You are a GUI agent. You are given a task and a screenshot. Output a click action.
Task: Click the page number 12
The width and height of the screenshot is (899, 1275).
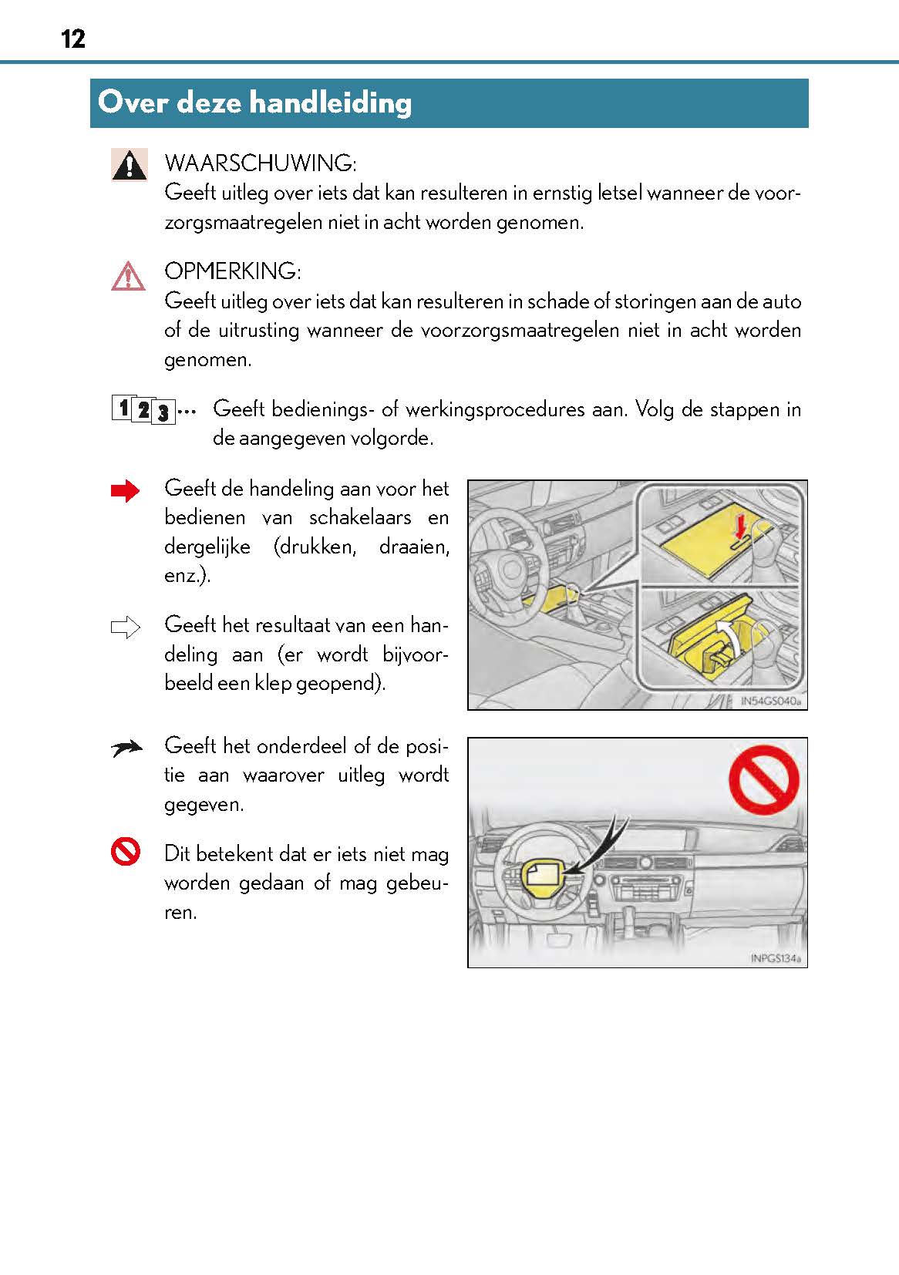click(x=73, y=39)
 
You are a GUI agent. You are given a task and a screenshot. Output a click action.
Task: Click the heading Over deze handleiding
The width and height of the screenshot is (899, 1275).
click(x=254, y=103)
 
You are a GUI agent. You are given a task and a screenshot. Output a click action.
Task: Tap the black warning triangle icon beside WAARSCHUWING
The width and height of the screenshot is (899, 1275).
click(x=129, y=164)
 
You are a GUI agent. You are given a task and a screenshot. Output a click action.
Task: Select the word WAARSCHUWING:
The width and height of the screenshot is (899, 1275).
click(x=260, y=163)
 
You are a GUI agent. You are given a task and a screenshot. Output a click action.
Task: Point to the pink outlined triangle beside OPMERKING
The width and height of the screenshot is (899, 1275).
click(x=128, y=276)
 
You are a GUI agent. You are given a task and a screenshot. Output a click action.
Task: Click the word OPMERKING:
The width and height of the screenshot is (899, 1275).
click(x=232, y=271)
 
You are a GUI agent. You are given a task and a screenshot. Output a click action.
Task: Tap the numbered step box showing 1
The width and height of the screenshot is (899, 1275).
click(x=122, y=406)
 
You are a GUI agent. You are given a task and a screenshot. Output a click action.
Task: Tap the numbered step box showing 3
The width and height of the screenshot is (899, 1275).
click(x=163, y=413)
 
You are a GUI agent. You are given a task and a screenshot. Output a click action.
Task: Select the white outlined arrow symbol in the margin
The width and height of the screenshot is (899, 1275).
click(x=126, y=627)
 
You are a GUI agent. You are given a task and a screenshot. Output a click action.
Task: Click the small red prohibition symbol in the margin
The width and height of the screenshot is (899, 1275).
click(x=126, y=852)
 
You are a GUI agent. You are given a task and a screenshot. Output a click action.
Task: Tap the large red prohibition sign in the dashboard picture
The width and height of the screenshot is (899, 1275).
click(x=763, y=779)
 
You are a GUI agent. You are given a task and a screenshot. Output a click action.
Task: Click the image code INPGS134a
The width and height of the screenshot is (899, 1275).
click(x=775, y=959)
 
